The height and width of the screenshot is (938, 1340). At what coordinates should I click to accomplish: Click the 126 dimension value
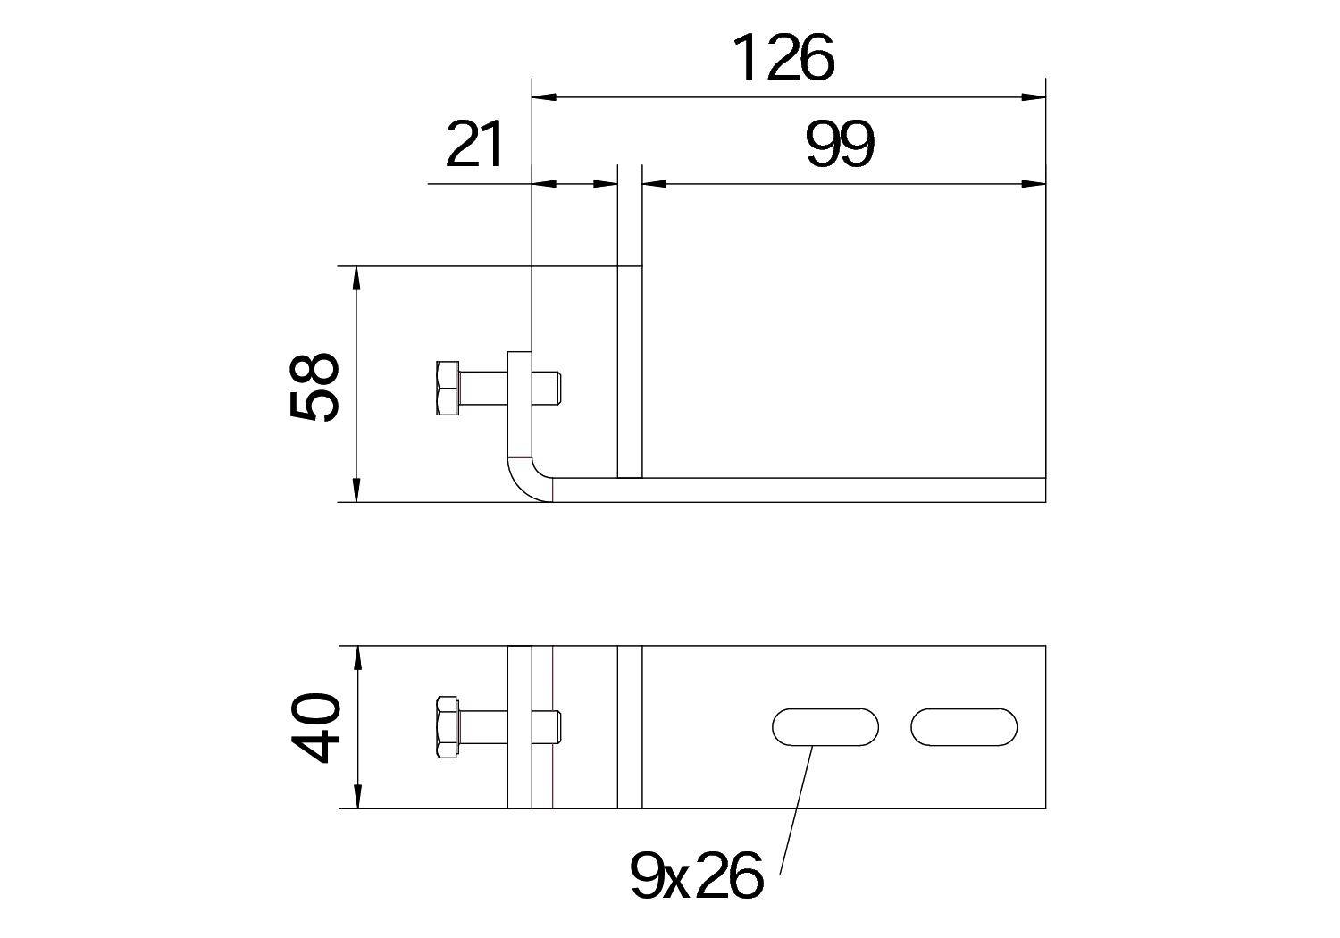783,58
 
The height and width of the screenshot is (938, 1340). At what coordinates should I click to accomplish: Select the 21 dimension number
475,146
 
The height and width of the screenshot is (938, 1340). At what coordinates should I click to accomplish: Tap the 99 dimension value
840,146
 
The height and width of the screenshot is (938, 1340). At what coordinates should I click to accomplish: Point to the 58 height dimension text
315,385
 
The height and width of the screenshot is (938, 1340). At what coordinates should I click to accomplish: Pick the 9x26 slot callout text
697,875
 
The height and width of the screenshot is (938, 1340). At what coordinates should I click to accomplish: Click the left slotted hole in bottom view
825,727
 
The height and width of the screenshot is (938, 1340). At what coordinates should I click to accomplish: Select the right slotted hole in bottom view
964,727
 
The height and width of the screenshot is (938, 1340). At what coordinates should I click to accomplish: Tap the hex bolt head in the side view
448,388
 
